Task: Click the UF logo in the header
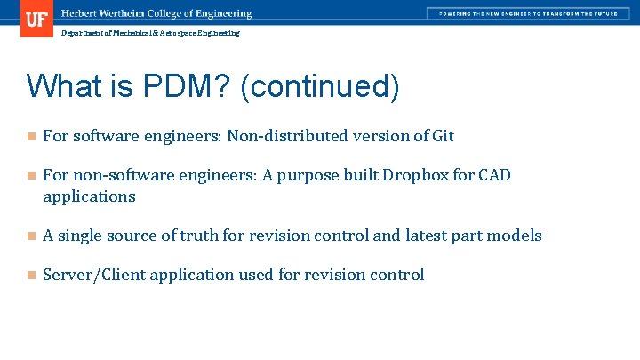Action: point(36,19)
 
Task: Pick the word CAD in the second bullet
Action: point(494,175)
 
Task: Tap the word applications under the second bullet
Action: point(89,196)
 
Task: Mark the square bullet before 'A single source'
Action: point(31,236)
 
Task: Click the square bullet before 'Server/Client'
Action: point(31,276)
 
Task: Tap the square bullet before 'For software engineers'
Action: point(31,137)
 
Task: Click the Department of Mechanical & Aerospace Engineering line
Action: point(149,33)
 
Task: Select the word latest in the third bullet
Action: point(428,236)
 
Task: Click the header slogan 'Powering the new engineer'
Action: point(523,14)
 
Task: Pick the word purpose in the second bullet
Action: point(308,175)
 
